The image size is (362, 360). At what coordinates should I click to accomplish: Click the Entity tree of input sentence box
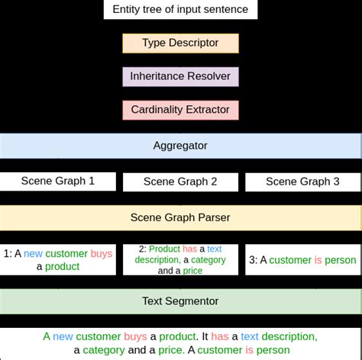[x=180, y=10]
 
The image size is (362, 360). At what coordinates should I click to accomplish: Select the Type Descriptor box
[x=180, y=43]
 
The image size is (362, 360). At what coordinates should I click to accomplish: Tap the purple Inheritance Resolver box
[x=180, y=76]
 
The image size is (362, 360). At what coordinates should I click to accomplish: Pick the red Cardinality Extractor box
[x=180, y=110]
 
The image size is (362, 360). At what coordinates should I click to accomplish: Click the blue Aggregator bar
[x=180, y=145]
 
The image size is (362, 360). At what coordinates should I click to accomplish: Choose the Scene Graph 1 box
[x=58, y=182]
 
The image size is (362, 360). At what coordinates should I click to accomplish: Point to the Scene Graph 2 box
[x=180, y=182]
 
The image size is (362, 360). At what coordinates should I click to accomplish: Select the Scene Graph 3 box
[x=302, y=182]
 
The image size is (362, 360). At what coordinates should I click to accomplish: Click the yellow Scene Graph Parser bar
[x=180, y=217]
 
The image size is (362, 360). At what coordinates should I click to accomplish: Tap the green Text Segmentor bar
[x=180, y=301]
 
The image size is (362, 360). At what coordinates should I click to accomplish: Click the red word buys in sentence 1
[x=101, y=253]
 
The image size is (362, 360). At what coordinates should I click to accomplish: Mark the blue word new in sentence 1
[x=33, y=253]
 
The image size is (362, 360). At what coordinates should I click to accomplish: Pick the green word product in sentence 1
[x=62, y=266]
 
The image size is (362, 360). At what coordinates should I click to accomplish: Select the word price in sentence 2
[x=192, y=271]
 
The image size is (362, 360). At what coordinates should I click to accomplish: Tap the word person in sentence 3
[x=341, y=260]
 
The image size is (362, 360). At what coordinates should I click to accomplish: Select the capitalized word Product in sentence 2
[x=164, y=249]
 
